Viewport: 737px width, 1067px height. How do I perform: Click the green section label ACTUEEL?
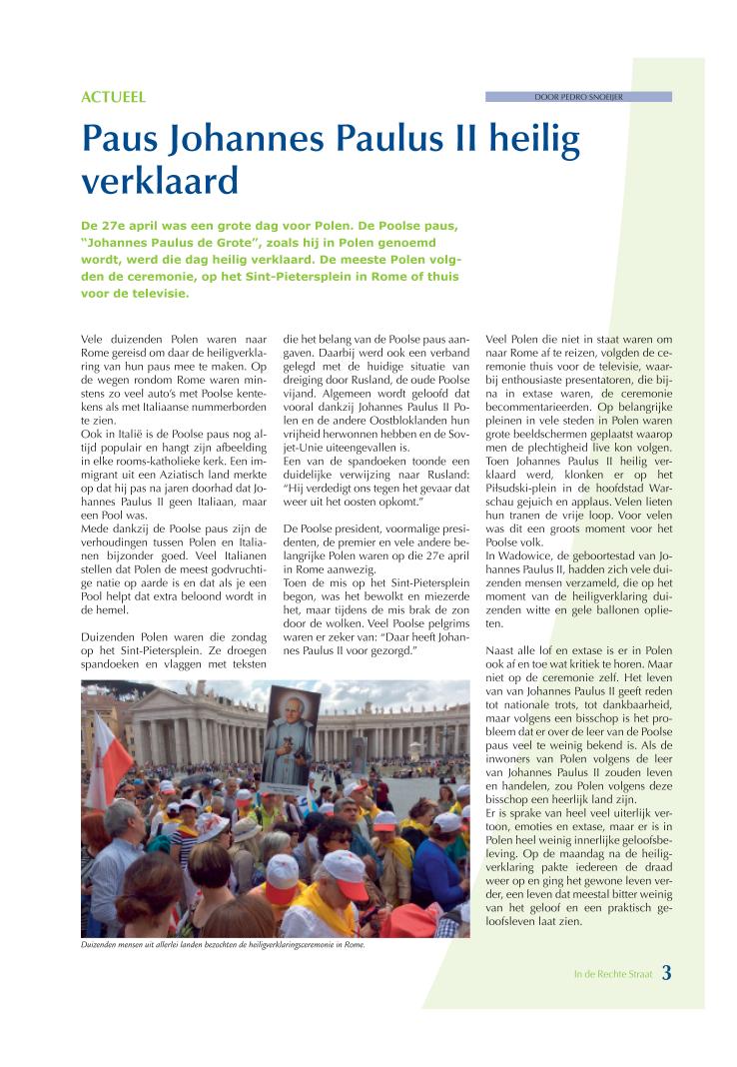tap(113, 98)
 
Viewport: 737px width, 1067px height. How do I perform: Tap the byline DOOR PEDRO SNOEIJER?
tap(578, 97)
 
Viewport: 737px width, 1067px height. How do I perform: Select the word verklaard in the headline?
tap(160, 181)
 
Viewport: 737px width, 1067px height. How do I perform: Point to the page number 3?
tap(666, 970)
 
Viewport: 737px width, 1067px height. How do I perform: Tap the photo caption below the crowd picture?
tap(224, 945)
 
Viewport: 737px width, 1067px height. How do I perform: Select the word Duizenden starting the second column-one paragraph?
tap(108, 635)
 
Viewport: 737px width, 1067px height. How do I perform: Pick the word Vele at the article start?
tap(94, 340)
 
